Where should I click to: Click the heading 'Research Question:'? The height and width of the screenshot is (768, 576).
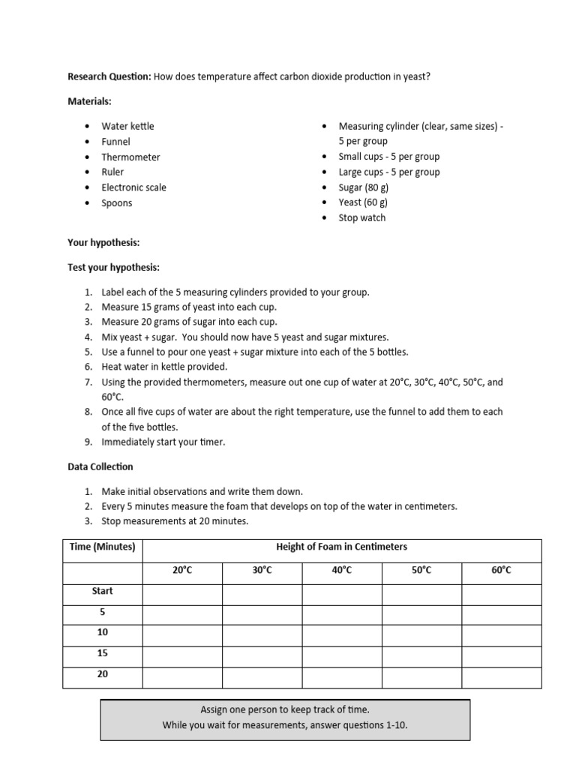pos(109,76)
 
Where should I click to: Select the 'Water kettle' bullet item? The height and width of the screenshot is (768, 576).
pos(127,126)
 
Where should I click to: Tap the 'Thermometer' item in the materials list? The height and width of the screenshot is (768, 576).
pos(130,157)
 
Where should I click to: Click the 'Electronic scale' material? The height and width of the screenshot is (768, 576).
pos(133,187)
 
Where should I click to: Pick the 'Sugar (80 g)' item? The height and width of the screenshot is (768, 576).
pos(363,187)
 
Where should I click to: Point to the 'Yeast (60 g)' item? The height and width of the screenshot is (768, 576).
pos(363,202)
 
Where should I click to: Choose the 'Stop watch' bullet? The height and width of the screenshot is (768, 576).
pos(361,217)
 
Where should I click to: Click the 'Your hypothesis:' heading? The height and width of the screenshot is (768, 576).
pos(103,243)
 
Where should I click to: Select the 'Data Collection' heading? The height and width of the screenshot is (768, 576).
pos(100,466)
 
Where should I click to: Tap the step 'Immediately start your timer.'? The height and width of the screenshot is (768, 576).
pos(163,442)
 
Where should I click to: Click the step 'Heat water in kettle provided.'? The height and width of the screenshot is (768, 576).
pos(163,367)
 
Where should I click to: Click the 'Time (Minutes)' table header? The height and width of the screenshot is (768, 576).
pos(102,547)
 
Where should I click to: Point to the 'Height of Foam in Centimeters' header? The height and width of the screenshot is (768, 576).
pos(341,547)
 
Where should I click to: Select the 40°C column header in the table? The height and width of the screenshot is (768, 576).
pos(341,571)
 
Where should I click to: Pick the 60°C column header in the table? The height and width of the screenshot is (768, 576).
pos(501,571)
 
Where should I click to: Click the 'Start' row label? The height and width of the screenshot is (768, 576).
pos(102,591)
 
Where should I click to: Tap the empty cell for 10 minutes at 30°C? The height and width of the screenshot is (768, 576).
pos(262,633)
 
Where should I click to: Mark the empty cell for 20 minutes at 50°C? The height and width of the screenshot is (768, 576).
pos(421,675)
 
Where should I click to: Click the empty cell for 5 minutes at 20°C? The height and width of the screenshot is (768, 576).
pos(182,612)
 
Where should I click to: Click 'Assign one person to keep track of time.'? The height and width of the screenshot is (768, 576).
pos(285,709)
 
